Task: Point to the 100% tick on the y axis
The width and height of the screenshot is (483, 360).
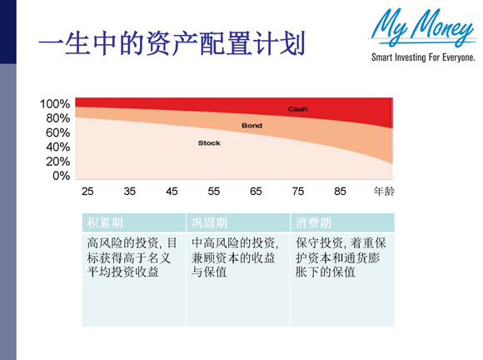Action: pyautogui.click(x=55, y=104)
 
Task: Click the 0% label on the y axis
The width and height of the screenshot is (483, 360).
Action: pyautogui.click(x=61, y=176)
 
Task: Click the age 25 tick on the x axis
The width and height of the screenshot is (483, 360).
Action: pyautogui.click(x=87, y=192)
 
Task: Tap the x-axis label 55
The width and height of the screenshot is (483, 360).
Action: pyautogui.click(x=214, y=192)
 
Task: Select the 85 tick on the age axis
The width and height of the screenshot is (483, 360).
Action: pyautogui.click(x=340, y=192)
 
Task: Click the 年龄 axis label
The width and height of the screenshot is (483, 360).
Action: pyautogui.click(x=384, y=192)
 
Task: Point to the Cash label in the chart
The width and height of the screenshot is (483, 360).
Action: pyautogui.click(x=297, y=110)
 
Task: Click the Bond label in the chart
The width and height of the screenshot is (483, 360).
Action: pyautogui.click(x=251, y=126)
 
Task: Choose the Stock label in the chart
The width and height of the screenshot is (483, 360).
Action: pyautogui.click(x=209, y=143)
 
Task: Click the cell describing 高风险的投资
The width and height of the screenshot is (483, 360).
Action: pyautogui.click(x=132, y=257)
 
